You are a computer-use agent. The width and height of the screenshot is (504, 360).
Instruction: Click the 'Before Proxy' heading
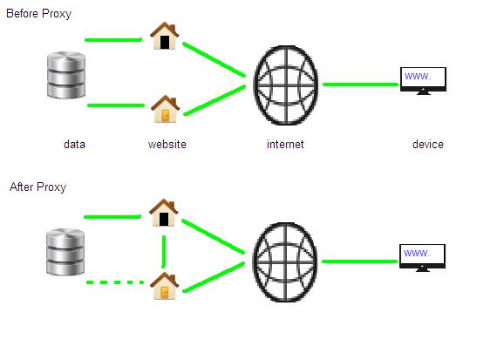[38, 14]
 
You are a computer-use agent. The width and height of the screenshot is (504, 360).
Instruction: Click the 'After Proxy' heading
[37, 187]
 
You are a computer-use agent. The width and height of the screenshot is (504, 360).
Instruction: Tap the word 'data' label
[74, 144]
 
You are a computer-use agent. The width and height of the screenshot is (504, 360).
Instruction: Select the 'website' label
[167, 144]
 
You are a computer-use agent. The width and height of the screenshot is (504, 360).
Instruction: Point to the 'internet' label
[285, 144]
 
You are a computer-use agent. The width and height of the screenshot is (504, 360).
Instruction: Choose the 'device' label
[428, 144]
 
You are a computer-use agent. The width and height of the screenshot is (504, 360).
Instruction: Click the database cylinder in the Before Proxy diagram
[66, 75]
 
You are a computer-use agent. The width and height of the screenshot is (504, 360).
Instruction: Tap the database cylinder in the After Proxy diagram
[65, 252]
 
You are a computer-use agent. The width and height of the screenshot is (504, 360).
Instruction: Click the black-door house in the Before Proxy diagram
[165, 36]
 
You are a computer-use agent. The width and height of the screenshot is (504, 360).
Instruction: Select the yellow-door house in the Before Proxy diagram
[165, 109]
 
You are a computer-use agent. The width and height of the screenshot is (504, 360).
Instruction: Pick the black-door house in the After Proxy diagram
[164, 213]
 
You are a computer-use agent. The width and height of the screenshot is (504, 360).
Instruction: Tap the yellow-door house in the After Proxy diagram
[164, 286]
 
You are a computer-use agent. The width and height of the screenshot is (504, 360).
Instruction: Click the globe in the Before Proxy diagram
[286, 85]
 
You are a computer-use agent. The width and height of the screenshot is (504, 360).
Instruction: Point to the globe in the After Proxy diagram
[285, 262]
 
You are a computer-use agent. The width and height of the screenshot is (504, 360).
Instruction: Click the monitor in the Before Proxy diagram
[423, 81]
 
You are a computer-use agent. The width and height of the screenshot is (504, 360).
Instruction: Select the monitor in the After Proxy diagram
[422, 258]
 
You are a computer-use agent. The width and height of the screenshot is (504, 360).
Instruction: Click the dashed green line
[115, 282]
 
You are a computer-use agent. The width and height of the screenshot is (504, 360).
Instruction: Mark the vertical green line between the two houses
[164, 252]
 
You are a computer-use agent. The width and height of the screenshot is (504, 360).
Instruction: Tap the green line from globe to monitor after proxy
[359, 262]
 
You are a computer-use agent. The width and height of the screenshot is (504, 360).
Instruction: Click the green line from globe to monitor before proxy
[361, 85]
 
